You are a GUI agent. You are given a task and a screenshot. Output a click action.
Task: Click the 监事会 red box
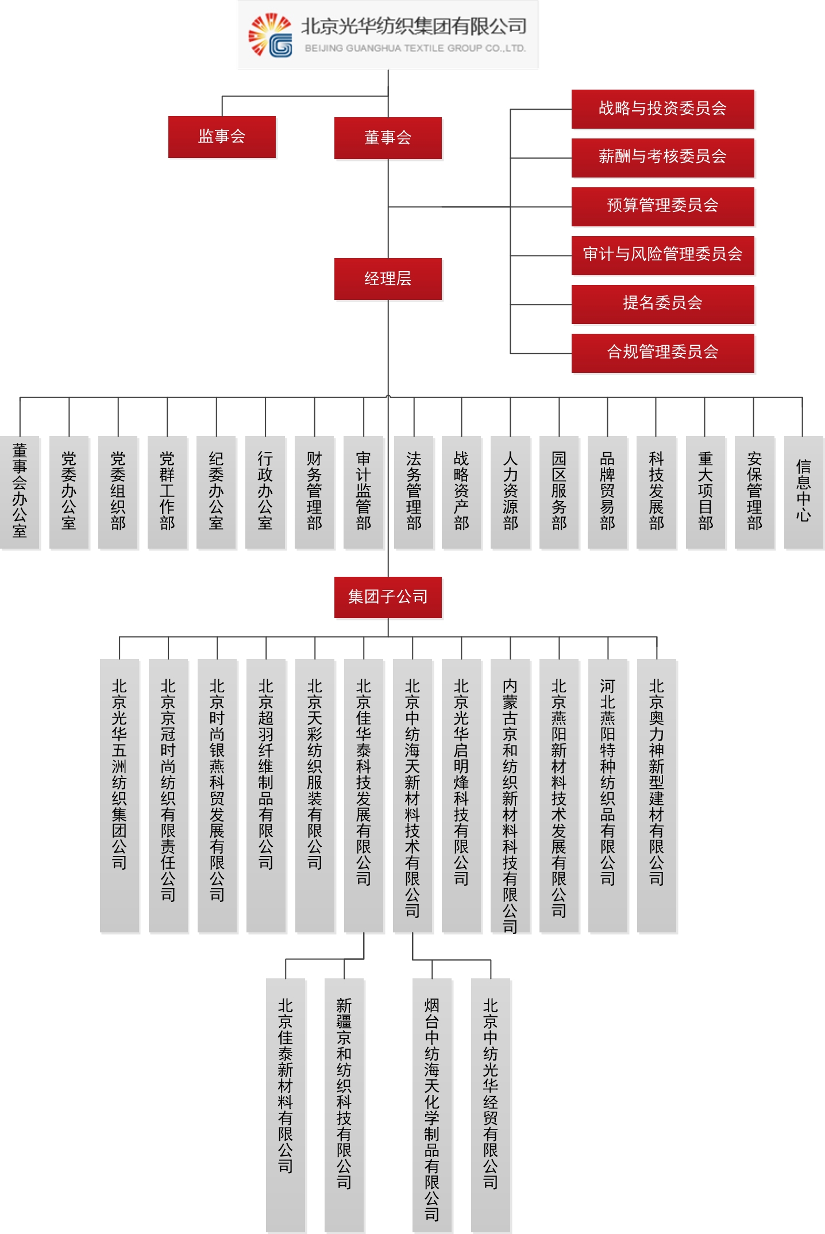[x=222, y=137]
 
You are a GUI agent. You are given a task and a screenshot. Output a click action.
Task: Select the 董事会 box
[x=388, y=138]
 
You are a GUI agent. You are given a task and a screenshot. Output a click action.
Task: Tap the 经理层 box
[x=388, y=279]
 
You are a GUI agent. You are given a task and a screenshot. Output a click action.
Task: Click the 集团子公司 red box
[x=388, y=597]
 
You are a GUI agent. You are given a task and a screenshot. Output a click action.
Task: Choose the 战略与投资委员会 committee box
[x=662, y=109]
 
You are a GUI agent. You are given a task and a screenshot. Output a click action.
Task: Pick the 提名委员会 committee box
[x=662, y=303]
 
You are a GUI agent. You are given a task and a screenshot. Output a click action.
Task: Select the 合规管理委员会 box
[x=662, y=352]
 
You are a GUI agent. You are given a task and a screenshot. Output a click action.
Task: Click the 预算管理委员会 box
[x=662, y=206]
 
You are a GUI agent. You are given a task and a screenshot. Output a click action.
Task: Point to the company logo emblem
[x=270, y=36]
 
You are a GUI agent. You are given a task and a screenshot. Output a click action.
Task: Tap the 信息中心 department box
[x=803, y=492]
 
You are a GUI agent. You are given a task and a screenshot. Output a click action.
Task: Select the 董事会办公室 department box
[x=20, y=492]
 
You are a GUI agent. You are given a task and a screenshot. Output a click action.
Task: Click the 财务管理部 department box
[x=314, y=492]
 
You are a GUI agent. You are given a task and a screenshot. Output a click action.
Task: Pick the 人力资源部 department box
[x=510, y=492]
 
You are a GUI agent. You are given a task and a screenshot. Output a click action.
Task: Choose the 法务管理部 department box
[x=414, y=492]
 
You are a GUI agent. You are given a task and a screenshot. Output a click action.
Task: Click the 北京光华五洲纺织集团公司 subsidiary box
[x=119, y=795]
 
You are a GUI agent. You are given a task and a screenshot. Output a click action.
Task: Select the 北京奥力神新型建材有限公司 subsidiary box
[x=657, y=795]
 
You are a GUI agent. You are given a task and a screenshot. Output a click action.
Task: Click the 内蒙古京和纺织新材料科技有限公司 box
[x=510, y=795]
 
